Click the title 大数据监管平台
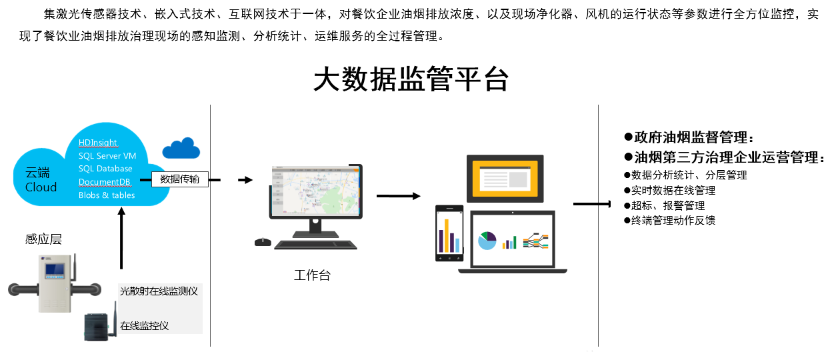pyautogui.click(x=411, y=79)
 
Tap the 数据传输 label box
pyautogui.click(x=179, y=179)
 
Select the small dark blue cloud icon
pyautogui.click(x=181, y=148)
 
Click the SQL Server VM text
pyautogui.click(x=107, y=156)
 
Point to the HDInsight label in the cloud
pyautogui.click(x=97, y=143)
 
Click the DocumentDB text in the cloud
pyautogui.click(x=104, y=182)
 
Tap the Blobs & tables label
pyautogui.click(x=107, y=195)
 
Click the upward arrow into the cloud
pyautogui.click(x=121, y=238)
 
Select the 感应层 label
pyautogui.click(x=43, y=239)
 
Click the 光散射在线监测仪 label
pyautogui.click(x=159, y=291)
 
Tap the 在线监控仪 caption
pyautogui.click(x=144, y=325)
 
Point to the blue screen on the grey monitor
pyautogui.click(x=55, y=271)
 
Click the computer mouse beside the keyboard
pyautogui.click(x=263, y=242)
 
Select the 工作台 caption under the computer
pyautogui.click(x=312, y=275)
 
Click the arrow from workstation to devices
pyautogui.click(x=399, y=196)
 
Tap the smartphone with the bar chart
pyautogui.click(x=449, y=233)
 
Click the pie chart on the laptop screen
pyautogui.click(x=487, y=241)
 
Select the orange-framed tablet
pyautogui.click(x=505, y=179)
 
